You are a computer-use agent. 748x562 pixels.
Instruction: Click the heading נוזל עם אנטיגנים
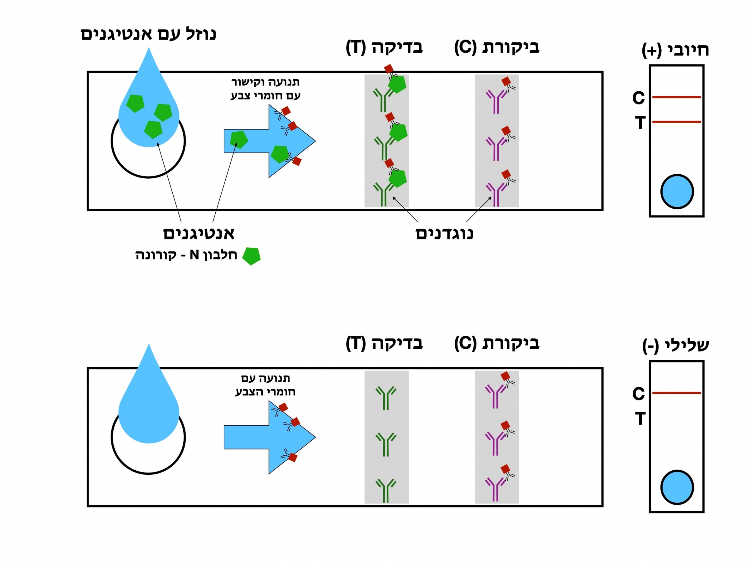pyautogui.click(x=148, y=34)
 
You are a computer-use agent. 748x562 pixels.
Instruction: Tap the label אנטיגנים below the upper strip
pyautogui.click(x=199, y=234)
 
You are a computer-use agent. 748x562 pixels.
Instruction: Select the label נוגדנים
pyautogui.click(x=444, y=234)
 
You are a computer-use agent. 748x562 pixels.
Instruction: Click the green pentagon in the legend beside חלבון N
pyautogui.click(x=252, y=256)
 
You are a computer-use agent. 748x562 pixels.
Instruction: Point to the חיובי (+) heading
pyautogui.click(x=675, y=51)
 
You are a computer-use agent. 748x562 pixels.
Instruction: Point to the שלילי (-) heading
pyautogui.click(x=675, y=346)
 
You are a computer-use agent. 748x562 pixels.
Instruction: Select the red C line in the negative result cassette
pyautogui.click(x=676, y=393)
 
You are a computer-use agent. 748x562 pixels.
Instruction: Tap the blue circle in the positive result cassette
pyautogui.click(x=677, y=192)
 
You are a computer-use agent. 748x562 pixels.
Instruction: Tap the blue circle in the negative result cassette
pyautogui.click(x=677, y=487)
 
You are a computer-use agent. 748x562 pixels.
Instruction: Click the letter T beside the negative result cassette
pyautogui.click(x=640, y=419)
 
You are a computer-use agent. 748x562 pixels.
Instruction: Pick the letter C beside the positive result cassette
pyautogui.click(x=638, y=98)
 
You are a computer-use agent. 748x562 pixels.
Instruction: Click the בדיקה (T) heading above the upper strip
pyautogui.click(x=385, y=47)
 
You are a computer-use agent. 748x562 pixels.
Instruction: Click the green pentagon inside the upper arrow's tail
pyautogui.click(x=239, y=139)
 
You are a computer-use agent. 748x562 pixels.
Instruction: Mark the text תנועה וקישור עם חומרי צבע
pyautogui.click(x=266, y=89)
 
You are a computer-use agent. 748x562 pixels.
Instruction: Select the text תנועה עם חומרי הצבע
pyautogui.click(x=266, y=385)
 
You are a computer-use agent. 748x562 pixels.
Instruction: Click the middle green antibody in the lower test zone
pyautogui.click(x=386, y=444)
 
